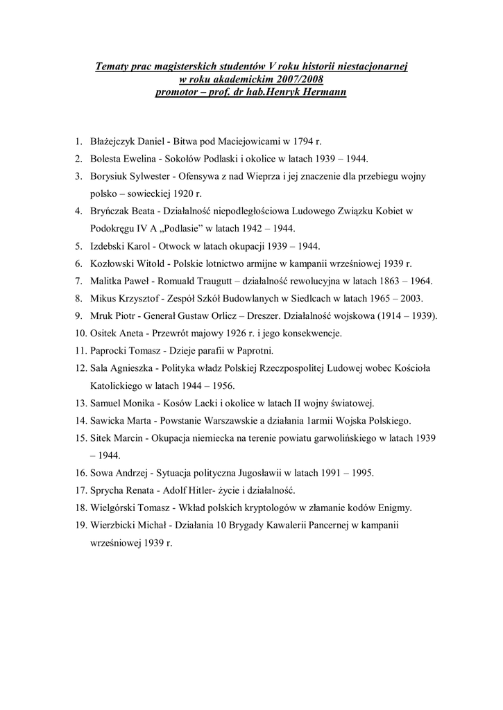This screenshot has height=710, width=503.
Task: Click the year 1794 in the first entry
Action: click(301, 141)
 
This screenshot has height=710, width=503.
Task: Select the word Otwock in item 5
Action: click(175, 246)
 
